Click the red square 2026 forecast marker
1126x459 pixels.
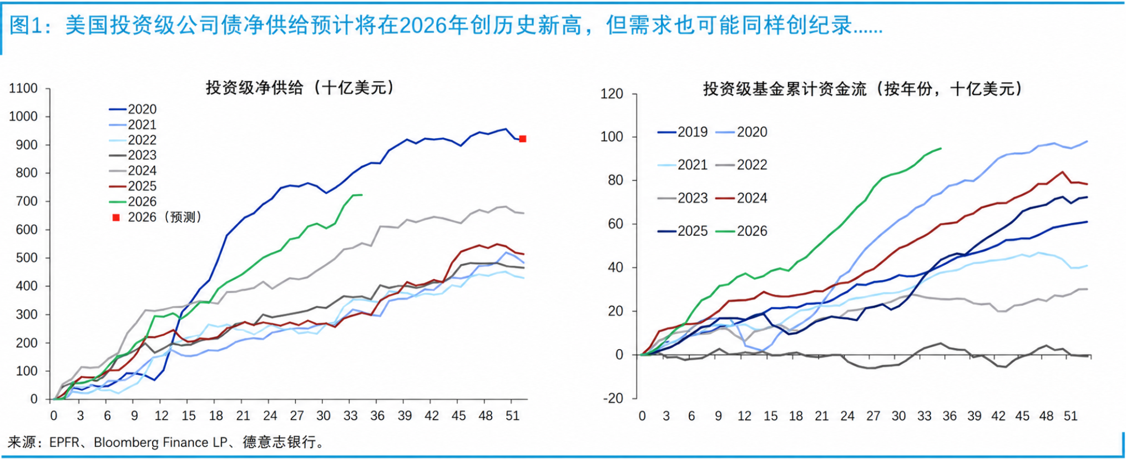[522, 139]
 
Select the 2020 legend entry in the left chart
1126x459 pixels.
[133, 109]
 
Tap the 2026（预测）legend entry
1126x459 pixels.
[157, 217]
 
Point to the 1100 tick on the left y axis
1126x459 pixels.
[23, 88]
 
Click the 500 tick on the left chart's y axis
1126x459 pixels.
[27, 258]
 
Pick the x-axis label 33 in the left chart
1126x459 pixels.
[350, 416]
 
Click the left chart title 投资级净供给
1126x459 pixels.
[255, 88]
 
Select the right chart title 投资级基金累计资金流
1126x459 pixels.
[785, 89]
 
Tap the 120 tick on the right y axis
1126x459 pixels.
[612, 94]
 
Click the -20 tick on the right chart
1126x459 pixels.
[612, 399]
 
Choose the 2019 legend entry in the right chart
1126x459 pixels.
[683, 132]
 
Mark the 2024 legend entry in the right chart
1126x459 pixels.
[741, 198]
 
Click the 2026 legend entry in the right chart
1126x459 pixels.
[741, 231]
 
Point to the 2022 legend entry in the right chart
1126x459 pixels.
[741, 165]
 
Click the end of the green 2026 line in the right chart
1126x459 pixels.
[941, 148]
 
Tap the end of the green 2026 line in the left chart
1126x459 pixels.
[362, 195]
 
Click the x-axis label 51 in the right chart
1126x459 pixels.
[1070, 416]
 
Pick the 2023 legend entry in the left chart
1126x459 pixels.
[133, 155]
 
